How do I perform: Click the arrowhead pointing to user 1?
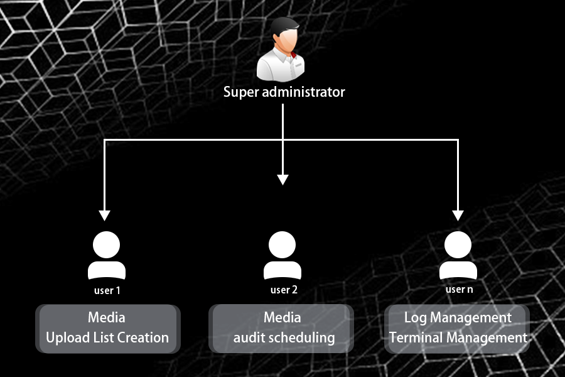point(105,215)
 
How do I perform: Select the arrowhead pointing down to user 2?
point(282,180)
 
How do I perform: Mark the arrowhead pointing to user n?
point(458,215)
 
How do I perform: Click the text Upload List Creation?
point(107,337)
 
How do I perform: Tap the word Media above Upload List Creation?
point(107,317)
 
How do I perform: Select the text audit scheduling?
point(284,337)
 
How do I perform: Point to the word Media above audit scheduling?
point(282,317)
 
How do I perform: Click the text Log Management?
point(458,317)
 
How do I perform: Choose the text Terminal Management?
point(458,337)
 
